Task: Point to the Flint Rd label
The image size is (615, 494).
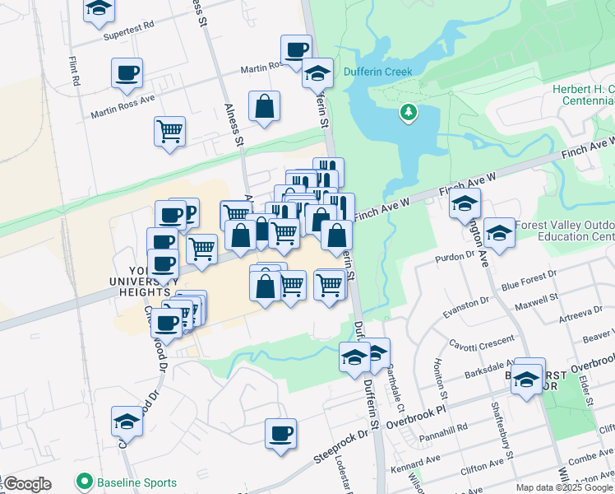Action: coord(74,72)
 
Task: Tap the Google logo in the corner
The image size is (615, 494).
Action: coord(26,484)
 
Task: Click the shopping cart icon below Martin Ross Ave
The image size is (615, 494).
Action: coord(169,131)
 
